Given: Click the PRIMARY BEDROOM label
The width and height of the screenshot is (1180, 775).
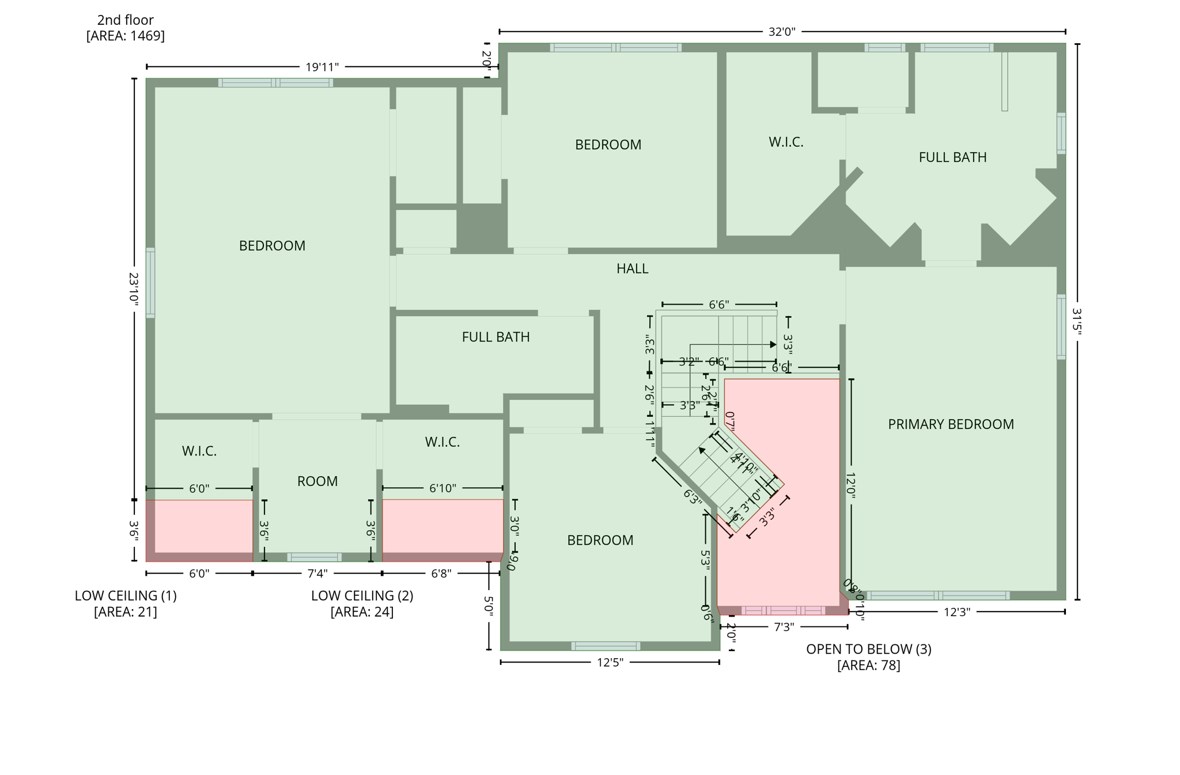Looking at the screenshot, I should tap(950, 424).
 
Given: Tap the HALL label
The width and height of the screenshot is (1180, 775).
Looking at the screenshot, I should tap(632, 268).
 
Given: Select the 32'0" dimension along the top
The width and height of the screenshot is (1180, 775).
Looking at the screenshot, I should tap(781, 32).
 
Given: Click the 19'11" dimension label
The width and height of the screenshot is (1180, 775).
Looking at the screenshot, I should tap(322, 67).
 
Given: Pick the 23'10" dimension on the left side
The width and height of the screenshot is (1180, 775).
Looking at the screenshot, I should tap(134, 288).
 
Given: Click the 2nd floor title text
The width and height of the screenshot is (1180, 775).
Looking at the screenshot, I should tap(125, 20).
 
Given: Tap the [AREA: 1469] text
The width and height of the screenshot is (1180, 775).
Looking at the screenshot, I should tap(125, 36).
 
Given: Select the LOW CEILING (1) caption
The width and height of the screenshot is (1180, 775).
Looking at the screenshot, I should tap(126, 595).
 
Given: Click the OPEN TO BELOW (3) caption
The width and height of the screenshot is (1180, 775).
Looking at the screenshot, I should tap(868, 649).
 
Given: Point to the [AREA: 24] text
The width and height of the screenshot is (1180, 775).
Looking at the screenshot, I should tap(362, 611).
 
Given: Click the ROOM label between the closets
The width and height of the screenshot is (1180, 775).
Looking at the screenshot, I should tap(317, 481).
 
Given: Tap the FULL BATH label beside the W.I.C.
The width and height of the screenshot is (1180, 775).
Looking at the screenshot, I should tap(952, 157).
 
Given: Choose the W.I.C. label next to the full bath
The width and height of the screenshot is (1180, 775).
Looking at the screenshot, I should tap(786, 142).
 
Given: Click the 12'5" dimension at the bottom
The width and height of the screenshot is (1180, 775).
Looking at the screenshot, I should tap(610, 663).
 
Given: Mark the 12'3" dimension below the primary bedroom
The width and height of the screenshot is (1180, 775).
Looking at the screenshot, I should tap(956, 612).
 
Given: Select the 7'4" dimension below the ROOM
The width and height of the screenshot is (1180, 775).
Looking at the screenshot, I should tap(317, 573).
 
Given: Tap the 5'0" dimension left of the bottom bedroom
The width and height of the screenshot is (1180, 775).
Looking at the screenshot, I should tap(489, 606).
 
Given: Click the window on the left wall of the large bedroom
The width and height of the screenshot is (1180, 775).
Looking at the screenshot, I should tap(150, 283).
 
